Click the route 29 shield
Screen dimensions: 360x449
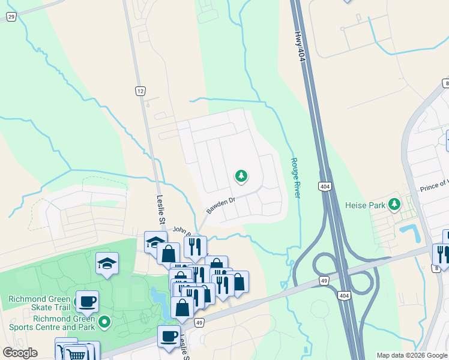point(11,17)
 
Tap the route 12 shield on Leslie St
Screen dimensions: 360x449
point(140,91)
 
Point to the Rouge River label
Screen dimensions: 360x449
point(295,178)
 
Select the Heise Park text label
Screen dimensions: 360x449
point(364,205)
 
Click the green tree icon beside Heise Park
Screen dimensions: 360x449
point(394,204)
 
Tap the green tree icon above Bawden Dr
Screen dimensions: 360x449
point(241,176)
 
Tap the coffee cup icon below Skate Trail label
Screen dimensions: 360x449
point(88,301)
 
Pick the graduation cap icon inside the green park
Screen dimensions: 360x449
point(107,263)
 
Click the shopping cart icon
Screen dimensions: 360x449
point(77,353)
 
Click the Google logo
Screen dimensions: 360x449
point(20,353)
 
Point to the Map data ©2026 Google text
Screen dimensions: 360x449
point(412,355)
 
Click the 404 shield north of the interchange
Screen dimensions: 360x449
point(324,187)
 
